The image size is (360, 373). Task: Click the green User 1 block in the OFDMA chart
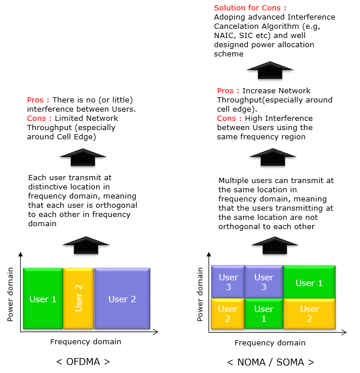[x=43, y=299]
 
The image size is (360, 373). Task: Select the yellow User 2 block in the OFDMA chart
[x=78, y=299]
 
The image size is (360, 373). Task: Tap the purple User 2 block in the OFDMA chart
[x=122, y=299]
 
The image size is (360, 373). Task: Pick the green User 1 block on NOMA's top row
[x=309, y=282]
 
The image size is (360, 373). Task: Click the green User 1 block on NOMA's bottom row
[x=264, y=314]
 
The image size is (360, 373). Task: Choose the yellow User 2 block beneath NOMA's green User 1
[x=309, y=314]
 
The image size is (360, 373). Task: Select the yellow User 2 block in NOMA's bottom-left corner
[x=228, y=314]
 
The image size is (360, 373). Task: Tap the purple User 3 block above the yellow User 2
[x=228, y=281]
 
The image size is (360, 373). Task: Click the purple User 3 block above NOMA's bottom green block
[x=264, y=281]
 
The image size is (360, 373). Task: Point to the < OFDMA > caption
[x=83, y=362]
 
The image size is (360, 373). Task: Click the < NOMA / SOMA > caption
[x=271, y=362]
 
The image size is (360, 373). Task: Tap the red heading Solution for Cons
[x=250, y=8]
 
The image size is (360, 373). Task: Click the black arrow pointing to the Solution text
[x=270, y=70]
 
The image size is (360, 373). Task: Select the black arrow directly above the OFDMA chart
[x=86, y=245]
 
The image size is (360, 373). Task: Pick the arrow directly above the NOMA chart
[x=275, y=245]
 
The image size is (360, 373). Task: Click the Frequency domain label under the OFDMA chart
[x=86, y=342]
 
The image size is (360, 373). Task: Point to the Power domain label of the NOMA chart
[x=200, y=294]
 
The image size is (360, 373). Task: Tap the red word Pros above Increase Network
[x=225, y=90]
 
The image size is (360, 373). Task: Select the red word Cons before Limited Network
[x=36, y=118]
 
